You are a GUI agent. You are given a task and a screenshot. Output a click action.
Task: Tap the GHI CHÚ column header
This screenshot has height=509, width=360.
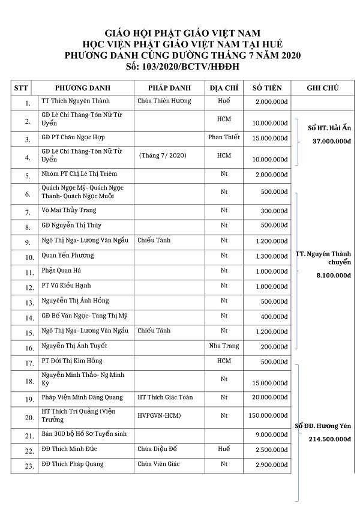pyautogui.click(x=322, y=88)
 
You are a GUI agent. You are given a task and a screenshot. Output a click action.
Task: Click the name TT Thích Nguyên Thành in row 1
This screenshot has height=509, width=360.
pyautogui.click(x=74, y=101)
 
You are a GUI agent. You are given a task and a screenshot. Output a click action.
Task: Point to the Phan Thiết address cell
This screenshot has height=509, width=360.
pyautogui.click(x=224, y=137)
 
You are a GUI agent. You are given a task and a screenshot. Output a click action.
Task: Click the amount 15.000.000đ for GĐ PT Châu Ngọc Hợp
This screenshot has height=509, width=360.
pyautogui.click(x=269, y=141)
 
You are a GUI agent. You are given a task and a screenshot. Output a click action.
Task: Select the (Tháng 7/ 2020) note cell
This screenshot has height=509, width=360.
pyautogui.click(x=163, y=155)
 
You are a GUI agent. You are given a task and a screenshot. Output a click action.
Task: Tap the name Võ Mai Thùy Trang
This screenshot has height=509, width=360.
pyautogui.click(x=68, y=210)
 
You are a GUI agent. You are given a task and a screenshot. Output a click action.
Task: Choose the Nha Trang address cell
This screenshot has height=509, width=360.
pyautogui.click(x=224, y=346)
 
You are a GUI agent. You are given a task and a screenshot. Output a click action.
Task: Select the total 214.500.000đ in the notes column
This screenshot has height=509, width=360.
pyautogui.click(x=324, y=439)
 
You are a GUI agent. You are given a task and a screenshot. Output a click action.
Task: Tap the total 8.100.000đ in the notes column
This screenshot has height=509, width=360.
pyautogui.click(x=324, y=276)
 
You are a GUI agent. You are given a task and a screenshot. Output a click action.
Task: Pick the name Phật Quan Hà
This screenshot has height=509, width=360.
pyautogui.click(x=62, y=271)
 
